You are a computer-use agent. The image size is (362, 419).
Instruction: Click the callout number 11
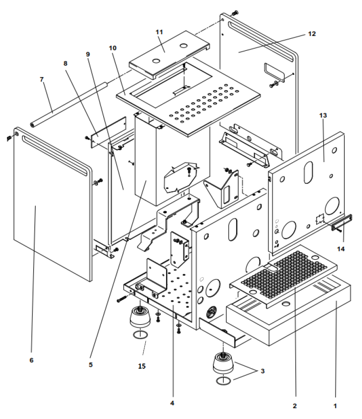(159, 32)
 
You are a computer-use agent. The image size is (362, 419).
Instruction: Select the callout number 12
(311, 34)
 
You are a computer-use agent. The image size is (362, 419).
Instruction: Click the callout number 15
(142, 366)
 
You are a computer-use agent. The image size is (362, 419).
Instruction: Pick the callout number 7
(42, 79)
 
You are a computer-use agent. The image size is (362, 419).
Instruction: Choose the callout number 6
(31, 360)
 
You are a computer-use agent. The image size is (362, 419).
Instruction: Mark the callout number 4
(172, 403)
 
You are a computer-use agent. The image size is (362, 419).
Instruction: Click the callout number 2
(294, 406)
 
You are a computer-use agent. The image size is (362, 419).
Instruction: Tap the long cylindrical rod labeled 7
(69, 104)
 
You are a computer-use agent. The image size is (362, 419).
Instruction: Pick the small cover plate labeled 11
(169, 51)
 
